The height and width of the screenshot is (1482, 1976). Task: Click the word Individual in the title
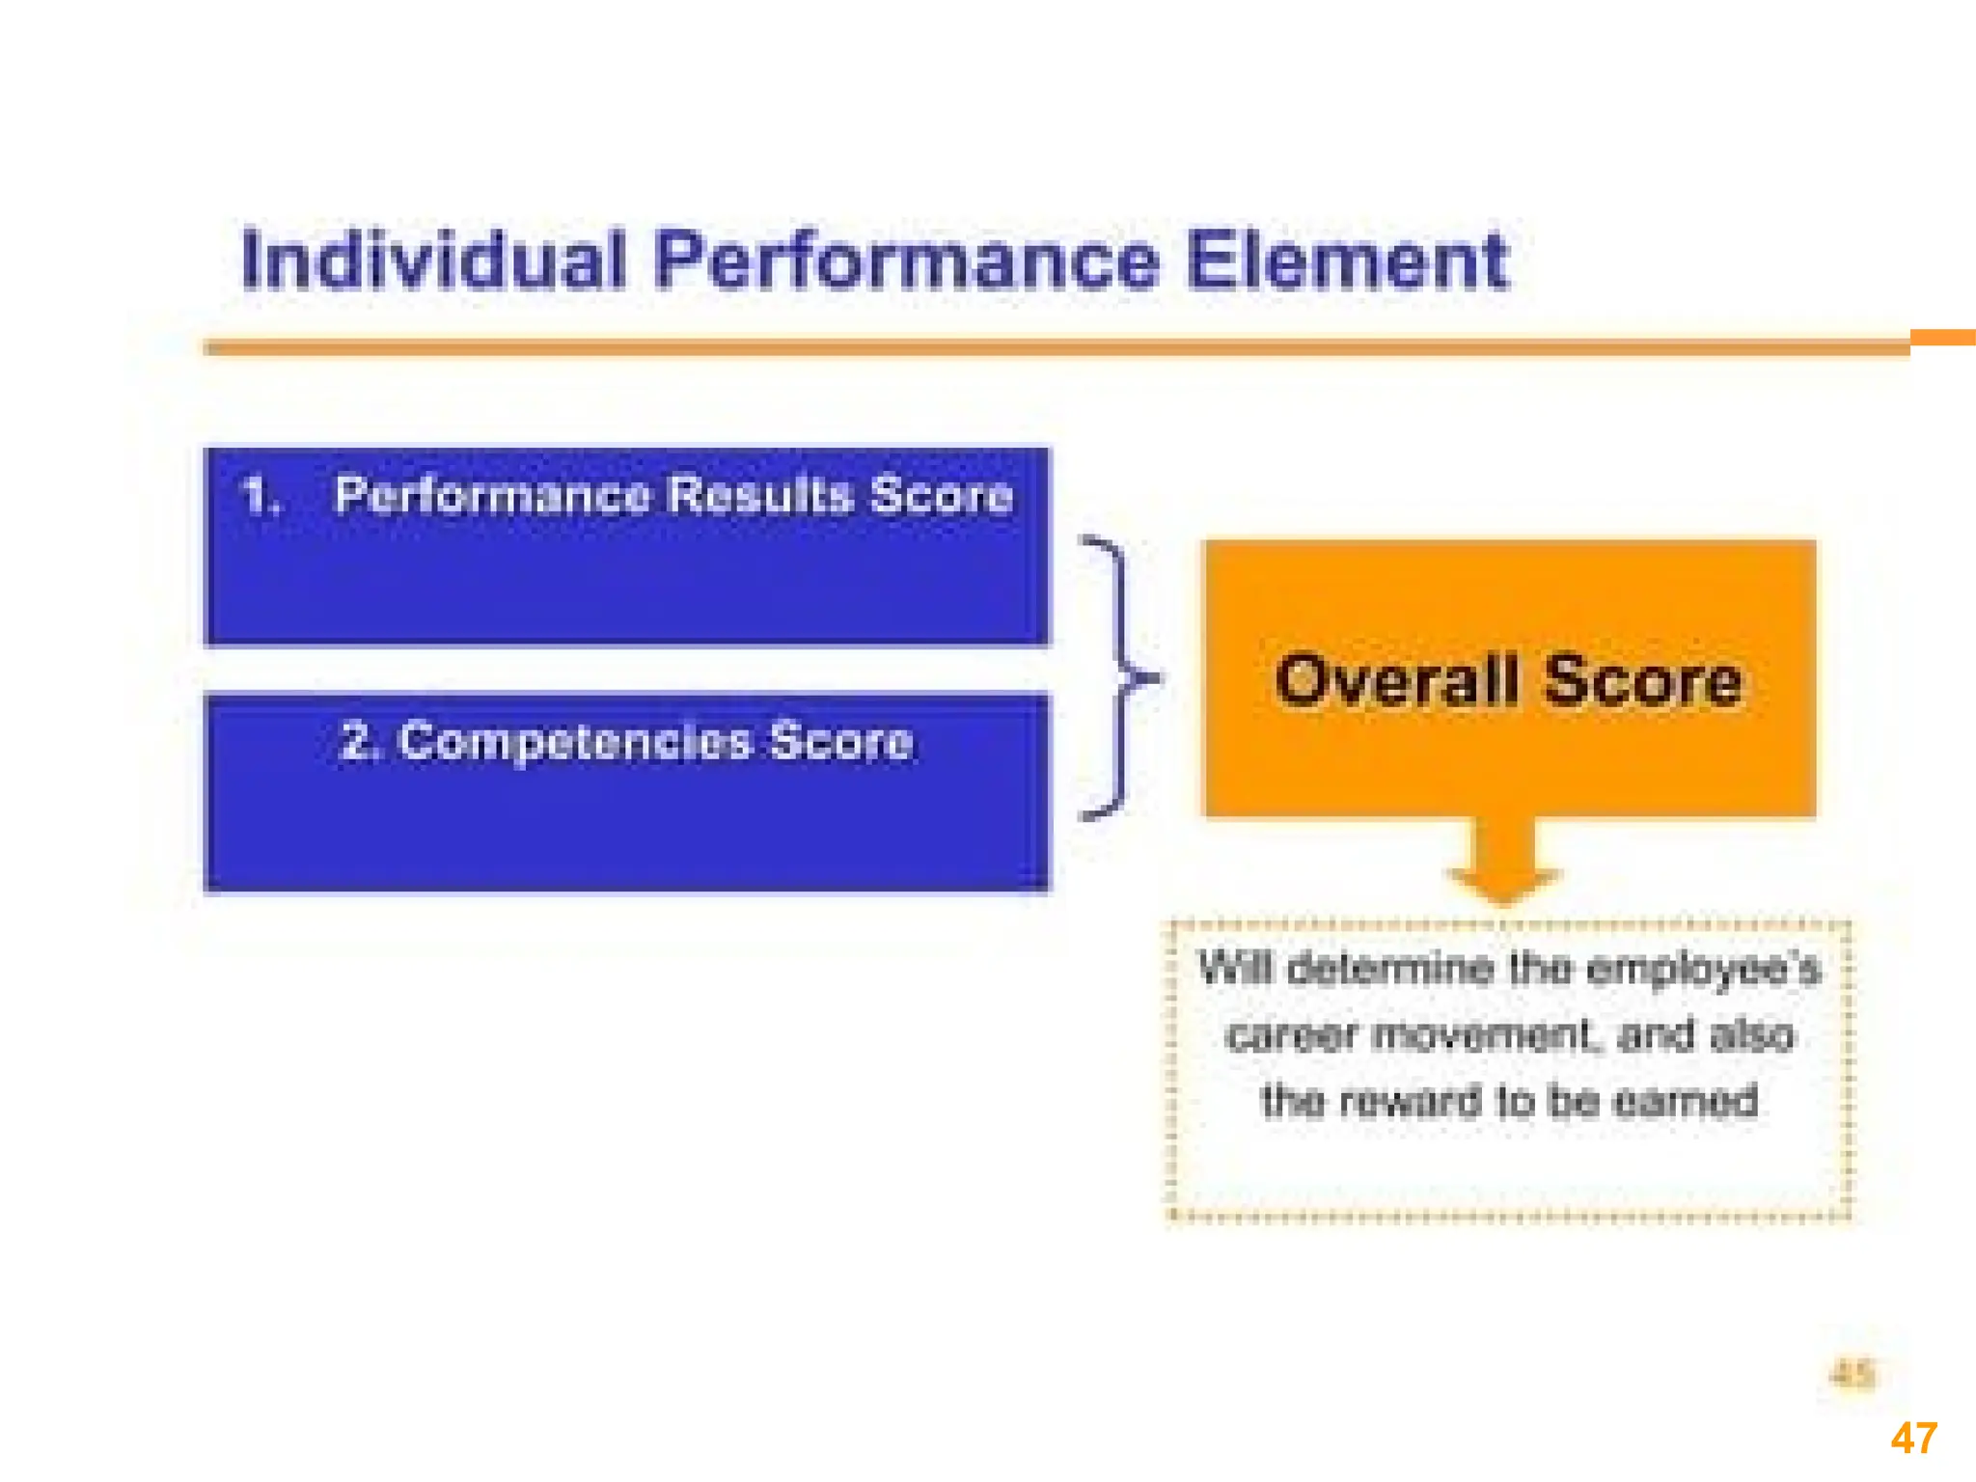[x=433, y=261]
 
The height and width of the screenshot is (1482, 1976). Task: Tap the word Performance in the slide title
[x=905, y=261]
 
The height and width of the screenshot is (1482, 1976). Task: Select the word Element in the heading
[x=1347, y=261]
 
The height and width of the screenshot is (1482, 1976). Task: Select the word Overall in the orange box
[x=1396, y=681]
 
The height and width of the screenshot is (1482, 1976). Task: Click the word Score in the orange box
[x=1644, y=681]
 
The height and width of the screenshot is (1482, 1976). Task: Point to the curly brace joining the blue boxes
[x=1119, y=678]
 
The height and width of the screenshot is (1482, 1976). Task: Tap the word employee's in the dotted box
[x=1703, y=969]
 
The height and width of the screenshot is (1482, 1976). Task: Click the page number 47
[x=1913, y=1439]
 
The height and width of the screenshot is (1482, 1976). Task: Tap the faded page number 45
[x=1852, y=1373]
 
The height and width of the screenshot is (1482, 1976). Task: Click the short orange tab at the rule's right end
[x=1942, y=338]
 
